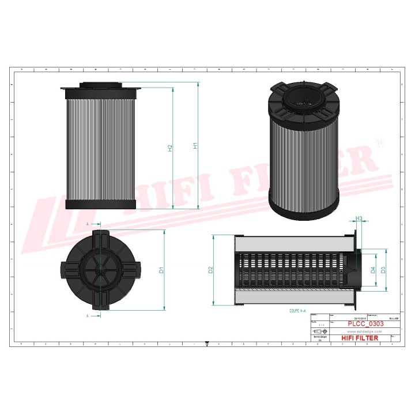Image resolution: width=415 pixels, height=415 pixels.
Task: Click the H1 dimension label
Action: [x=195, y=146]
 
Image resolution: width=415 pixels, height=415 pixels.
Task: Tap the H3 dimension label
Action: [x=359, y=218]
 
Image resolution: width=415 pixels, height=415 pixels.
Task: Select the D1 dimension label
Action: [x=162, y=269]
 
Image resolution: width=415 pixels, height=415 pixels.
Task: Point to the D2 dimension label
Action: [x=210, y=269]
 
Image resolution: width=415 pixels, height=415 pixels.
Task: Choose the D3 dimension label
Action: [x=383, y=270]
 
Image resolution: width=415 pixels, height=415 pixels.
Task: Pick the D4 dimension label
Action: [x=373, y=270]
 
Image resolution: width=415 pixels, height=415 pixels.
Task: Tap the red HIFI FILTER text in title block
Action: [x=360, y=338]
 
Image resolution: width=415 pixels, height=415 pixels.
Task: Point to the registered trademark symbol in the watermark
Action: [x=379, y=141]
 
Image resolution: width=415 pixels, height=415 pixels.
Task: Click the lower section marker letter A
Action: [x=88, y=315]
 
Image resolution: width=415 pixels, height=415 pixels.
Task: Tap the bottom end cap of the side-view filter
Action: [x=101, y=204]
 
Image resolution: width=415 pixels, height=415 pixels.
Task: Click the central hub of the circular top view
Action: [x=101, y=269]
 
